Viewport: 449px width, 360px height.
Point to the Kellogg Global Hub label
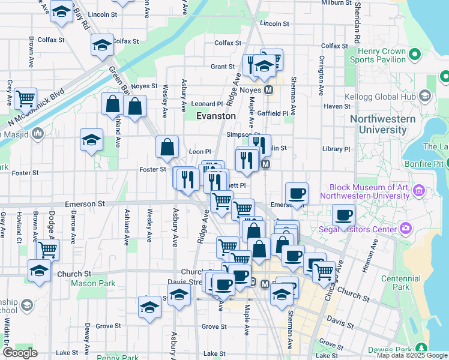pyautogui.click(x=386, y=97)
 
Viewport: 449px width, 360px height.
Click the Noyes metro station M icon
pyautogui.click(x=270, y=89)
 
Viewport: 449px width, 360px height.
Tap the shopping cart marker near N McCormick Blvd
pyautogui.click(x=26, y=98)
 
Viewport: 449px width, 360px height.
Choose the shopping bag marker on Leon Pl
pyautogui.click(x=167, y=146)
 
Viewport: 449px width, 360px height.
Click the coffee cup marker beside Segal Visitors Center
pyautogui.click(x=344, y=214)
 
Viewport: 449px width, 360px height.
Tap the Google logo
pyautogui.click(x=20, y=353)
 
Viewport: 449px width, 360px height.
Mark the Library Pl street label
pyautogui.click(x=336, y=149)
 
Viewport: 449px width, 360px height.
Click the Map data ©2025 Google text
pyautogui.click(x=411, y=355)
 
